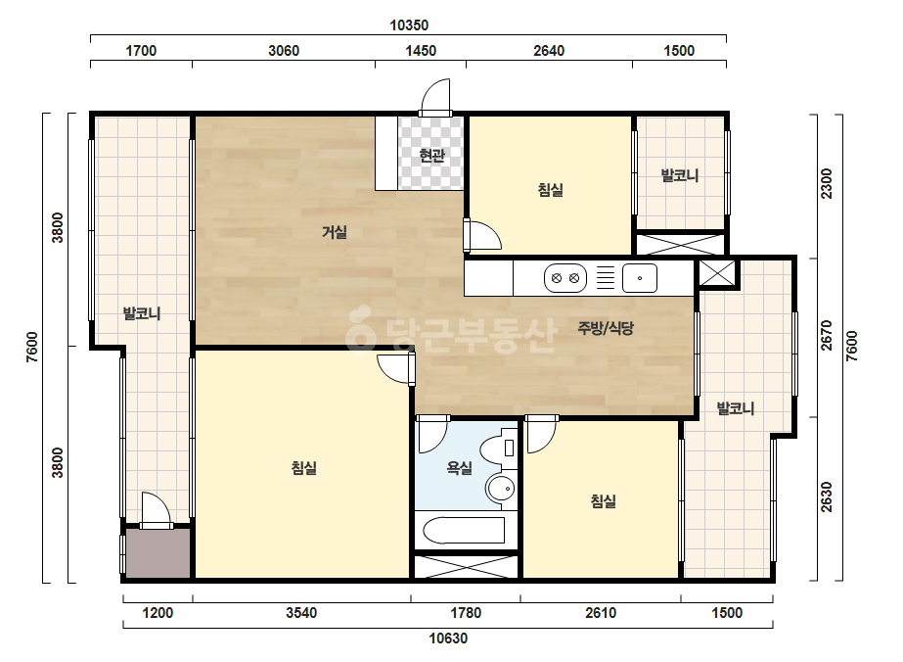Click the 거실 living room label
point(334,232)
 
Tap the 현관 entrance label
point(431,155)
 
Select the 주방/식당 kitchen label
point(606,328)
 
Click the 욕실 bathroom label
point(460,468)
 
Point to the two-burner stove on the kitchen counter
point(564,278)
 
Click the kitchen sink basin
point(639,278)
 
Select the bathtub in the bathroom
point(464,531)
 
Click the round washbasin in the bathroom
point(500,490)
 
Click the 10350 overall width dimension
point(409,25)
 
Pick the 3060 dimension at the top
point(284,51)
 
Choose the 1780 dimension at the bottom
point(466,612)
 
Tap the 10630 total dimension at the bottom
point(448,638)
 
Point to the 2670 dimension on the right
point(827,335)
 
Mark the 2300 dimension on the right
point(827,183)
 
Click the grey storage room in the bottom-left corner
point(158,553)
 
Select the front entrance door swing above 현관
point(435,98)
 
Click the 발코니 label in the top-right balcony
point(680,175)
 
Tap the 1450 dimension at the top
point(421,51)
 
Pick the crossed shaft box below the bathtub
point(467,567)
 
